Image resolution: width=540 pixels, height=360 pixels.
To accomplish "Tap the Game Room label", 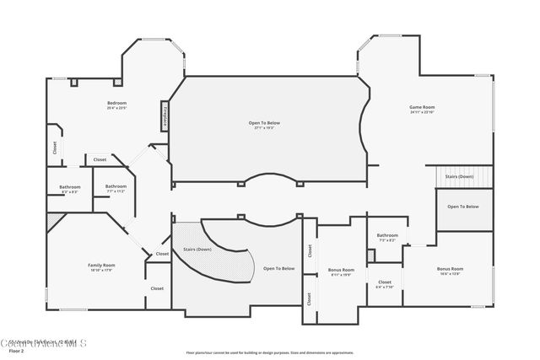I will click(422, 107).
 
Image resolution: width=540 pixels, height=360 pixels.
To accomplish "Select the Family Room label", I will click(101, 265).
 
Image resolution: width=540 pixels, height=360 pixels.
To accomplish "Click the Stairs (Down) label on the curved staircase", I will click(197, 250).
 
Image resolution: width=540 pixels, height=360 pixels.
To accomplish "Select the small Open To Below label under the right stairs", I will click(463, 207).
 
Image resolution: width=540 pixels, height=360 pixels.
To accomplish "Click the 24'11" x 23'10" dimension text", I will click(422, 112).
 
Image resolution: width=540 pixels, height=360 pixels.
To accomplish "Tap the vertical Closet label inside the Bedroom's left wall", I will click(55, 147).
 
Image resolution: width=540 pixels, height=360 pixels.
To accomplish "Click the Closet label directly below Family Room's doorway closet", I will click(157, 288).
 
